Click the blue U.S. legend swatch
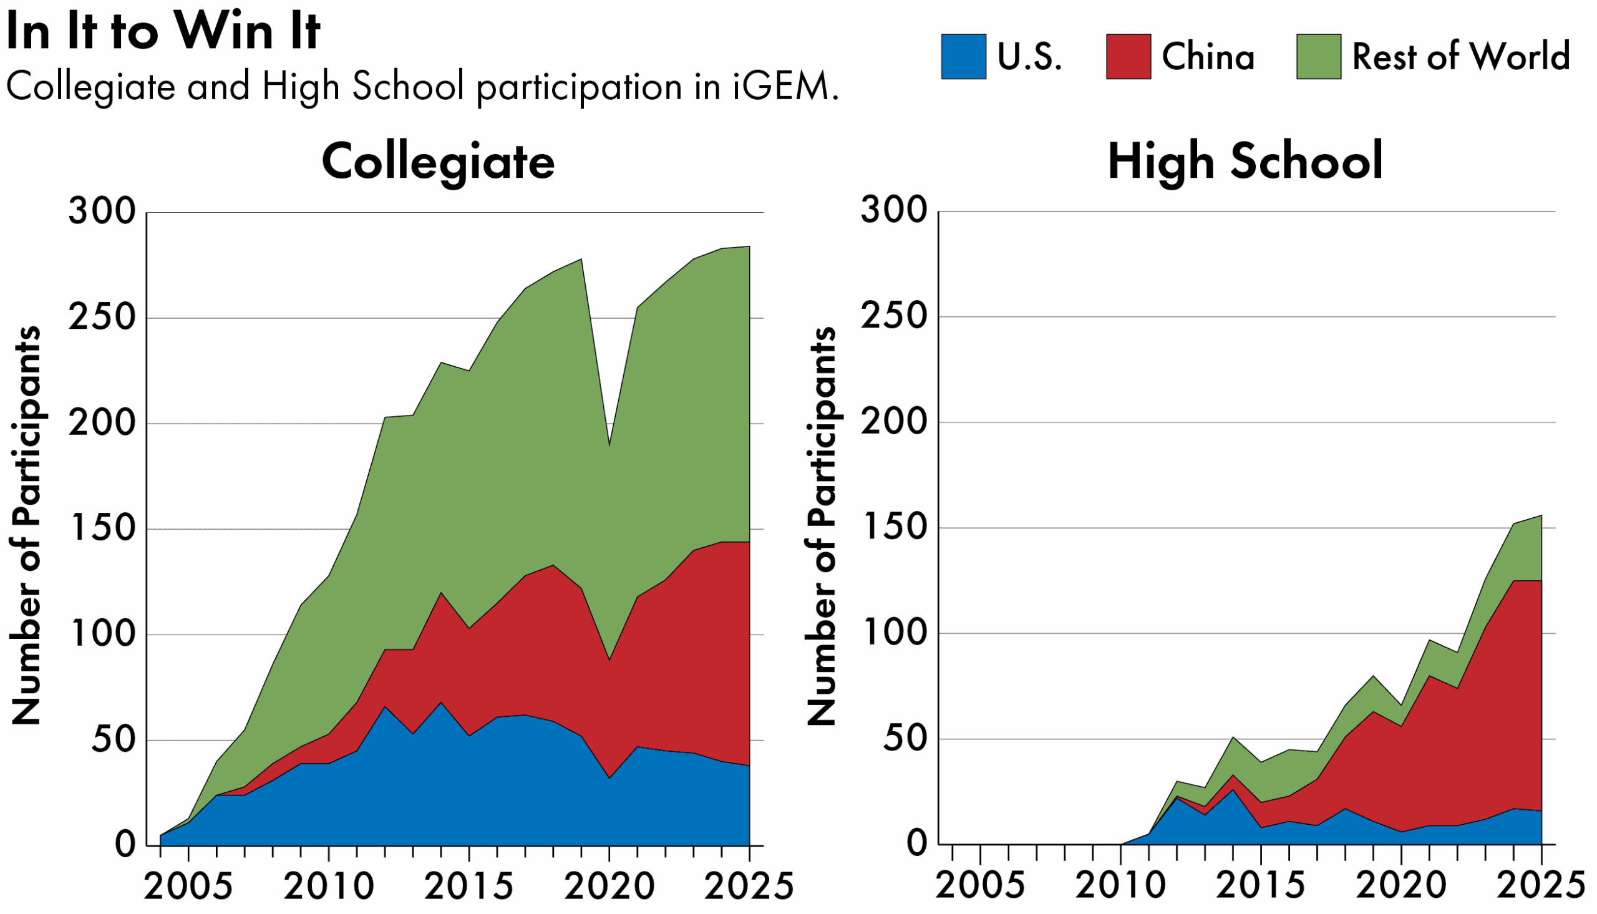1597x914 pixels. click(x=963, y=57)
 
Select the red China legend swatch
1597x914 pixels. click(x=1129, y=57)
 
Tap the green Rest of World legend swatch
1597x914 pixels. click(x=1318, y=57)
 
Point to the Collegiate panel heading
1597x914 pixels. click(x=438, y=162)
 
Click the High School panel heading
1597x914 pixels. click(x=1245, y=162)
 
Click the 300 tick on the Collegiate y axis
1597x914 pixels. click(x=102, y=211)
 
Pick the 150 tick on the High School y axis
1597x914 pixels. click(x=893, y=527)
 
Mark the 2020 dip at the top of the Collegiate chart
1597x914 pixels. click(x=609, y=446)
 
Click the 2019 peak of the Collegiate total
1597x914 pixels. click(x=581, y=260)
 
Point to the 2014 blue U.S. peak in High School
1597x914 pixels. click(x=1233, y=790)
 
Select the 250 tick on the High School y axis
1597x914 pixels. click(x=893, y=316)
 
